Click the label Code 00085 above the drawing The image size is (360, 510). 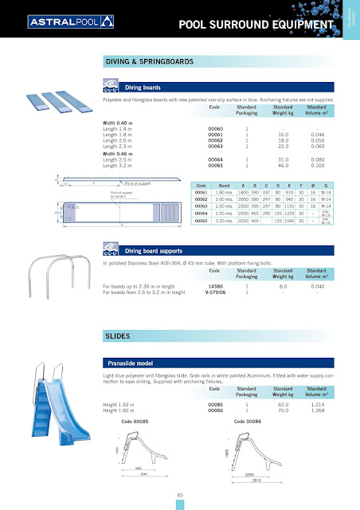click(135, 421)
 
